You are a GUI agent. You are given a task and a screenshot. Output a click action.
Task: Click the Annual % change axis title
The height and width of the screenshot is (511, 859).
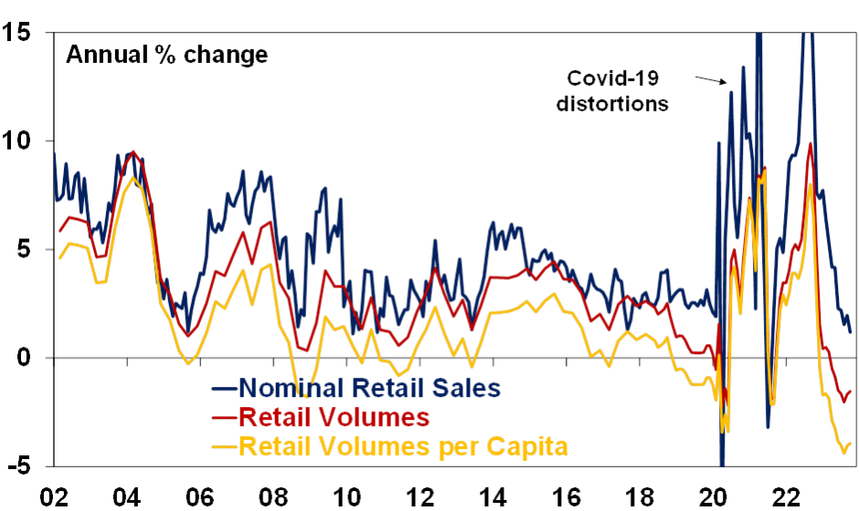pyautogui.click(x=166, y=55)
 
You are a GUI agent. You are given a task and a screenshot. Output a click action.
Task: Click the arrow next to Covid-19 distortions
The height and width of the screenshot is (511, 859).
pyautogui.click(x=711, y=80)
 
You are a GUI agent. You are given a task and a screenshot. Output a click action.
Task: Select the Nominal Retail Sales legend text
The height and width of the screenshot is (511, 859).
pyautogui.click(x=369, y=388)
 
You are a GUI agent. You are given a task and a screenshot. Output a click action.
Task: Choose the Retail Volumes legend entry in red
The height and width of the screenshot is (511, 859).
pyautogui.click(x=333, y=417)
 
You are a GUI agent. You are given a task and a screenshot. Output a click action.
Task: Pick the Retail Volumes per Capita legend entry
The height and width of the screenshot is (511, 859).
pyautogui.click(x=403, y=446)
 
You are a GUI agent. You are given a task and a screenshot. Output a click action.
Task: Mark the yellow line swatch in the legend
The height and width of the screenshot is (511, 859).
pyautogui.click(x=223, y=447)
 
